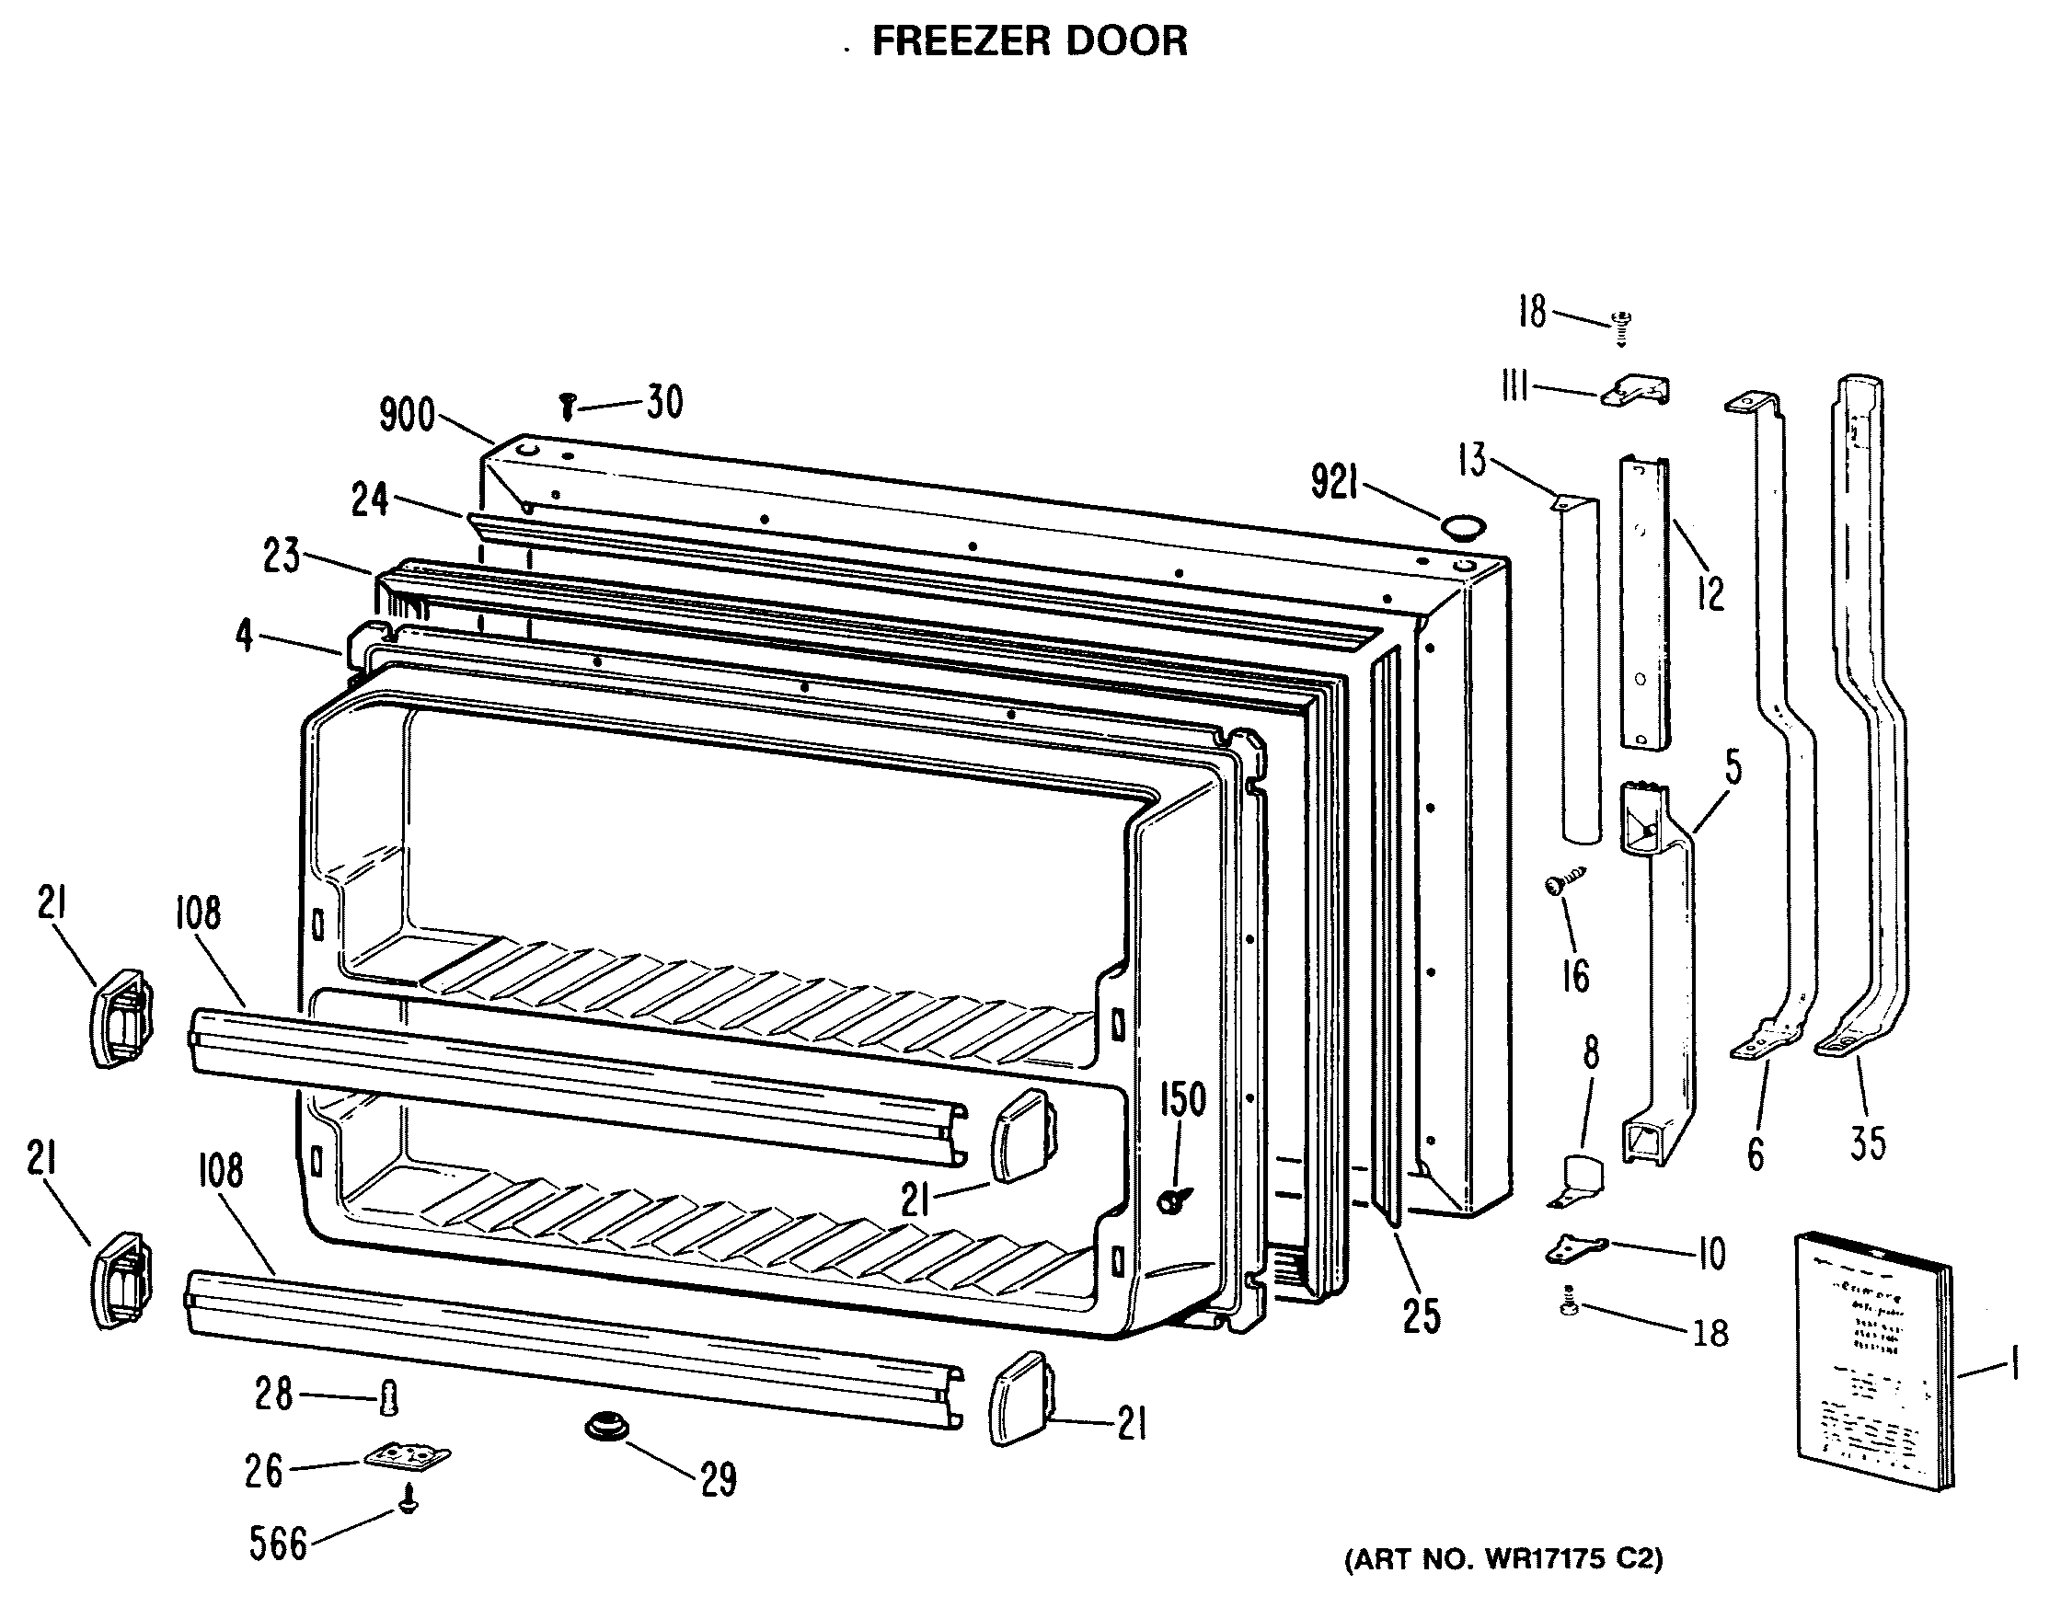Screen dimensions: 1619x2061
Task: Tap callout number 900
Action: [x=407, y=415]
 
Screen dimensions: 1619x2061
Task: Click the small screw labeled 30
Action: [x=567, y=406]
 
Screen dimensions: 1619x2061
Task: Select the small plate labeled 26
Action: [x=408, y=1457]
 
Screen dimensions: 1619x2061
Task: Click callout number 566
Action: [x=278, y=1544]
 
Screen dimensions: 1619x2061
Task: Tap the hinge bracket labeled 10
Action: [x=1576, y=1250]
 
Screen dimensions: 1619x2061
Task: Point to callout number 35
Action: [x=1867, y=1143]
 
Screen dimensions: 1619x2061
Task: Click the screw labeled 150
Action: [x=1174, y=1200]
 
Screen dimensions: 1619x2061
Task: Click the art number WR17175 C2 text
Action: [x=1503, y=1559]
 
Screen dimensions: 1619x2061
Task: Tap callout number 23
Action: [x=282, y=556]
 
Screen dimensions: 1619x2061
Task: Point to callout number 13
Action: [x=1471, y=462]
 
